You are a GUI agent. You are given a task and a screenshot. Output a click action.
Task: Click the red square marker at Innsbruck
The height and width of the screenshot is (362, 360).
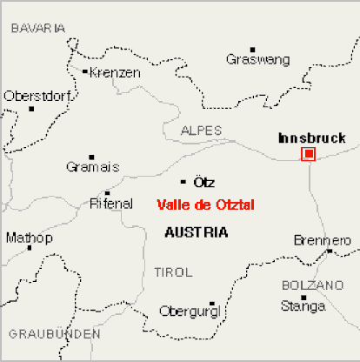308,154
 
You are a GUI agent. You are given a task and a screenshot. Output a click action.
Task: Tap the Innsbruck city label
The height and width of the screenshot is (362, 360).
311,137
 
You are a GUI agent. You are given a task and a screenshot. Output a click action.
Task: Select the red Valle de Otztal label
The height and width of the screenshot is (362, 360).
205,205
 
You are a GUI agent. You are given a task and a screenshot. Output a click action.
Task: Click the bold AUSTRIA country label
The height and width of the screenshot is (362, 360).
197,232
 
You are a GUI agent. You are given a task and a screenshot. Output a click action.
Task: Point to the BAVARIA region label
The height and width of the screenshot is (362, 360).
37,29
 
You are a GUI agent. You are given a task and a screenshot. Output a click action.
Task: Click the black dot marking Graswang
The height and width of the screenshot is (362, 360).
253,49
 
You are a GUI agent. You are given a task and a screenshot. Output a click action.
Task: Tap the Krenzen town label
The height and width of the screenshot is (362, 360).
115,73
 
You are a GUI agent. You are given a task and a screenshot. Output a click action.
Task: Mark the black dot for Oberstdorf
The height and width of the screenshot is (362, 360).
31,108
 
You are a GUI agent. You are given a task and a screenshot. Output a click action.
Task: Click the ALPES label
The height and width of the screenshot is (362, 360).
201,131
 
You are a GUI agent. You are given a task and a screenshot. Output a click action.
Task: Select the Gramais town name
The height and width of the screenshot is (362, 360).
92,167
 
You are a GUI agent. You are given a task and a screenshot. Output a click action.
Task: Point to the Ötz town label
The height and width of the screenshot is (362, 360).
203,183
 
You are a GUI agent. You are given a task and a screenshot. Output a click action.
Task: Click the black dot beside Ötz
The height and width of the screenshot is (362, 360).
183,182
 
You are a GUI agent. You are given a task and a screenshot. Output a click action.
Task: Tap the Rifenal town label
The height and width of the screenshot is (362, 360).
111,204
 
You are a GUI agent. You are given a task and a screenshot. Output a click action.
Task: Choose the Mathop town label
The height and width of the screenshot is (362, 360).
29,238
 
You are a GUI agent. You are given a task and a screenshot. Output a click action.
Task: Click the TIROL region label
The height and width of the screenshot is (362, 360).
172,272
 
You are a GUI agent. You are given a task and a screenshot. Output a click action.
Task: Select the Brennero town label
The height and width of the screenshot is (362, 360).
322,239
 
